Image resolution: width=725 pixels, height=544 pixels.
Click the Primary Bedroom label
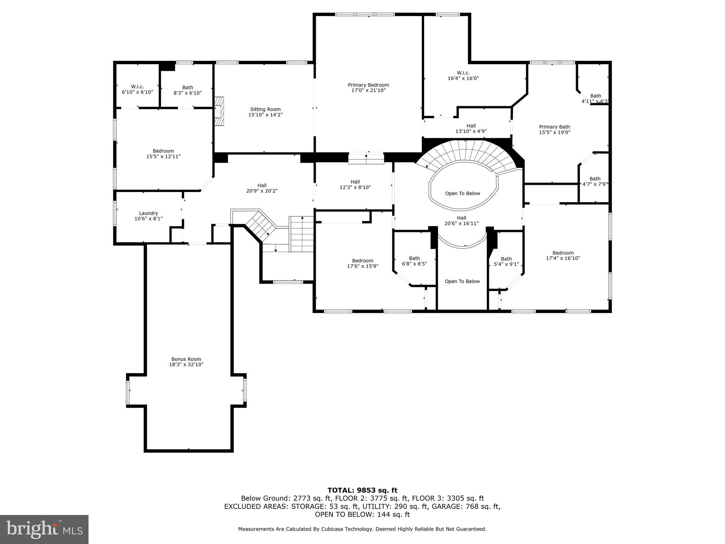coord(368,85)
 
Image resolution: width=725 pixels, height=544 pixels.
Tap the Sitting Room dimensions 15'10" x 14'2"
coord(265,115)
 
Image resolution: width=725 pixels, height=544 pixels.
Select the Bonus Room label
coord(186,359)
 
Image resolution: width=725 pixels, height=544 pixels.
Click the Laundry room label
coord(148,213)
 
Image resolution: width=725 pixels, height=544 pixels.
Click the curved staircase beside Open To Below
coord(467,152)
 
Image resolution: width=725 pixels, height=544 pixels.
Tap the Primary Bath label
coord(554,127)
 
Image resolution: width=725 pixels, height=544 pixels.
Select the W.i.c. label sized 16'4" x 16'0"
coord(463,73)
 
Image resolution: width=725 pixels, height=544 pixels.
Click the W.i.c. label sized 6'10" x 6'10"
coord(137,87)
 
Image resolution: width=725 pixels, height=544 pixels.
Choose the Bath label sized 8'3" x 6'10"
coord(188,87)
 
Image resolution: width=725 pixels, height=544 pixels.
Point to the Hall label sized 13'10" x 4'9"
coord(471,126)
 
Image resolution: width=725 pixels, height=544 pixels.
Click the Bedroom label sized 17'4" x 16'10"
coord(563,253)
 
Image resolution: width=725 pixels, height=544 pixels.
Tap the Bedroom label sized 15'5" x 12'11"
coord(163,151)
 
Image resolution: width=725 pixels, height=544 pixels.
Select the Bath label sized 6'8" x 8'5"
coord(414,258)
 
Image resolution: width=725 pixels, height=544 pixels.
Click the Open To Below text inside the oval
coord(462,193)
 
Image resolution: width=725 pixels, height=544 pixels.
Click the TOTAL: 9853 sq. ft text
coord(362,490)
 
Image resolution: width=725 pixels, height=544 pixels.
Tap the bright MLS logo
coord(44,529)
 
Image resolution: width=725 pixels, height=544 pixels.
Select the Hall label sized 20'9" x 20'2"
coord(262,185)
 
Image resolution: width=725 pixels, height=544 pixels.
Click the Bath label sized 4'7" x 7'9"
coord(595,178)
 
